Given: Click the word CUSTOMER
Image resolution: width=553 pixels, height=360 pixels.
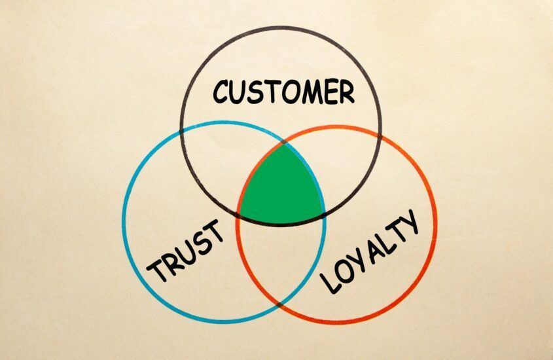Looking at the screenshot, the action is click(283, 92).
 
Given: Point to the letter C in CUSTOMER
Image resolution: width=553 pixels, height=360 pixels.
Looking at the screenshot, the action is click(221, 92).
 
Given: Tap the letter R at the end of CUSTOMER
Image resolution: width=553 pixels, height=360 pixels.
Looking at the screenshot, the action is click(347, 92).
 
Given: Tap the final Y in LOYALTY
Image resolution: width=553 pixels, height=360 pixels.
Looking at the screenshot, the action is click(409, 221).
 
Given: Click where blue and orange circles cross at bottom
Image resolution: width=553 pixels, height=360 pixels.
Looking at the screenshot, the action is click(279, 304).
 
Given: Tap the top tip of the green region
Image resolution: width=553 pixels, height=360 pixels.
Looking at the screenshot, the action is click(284, 143).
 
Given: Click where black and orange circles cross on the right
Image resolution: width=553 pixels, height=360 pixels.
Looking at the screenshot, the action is click(380, 135).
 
